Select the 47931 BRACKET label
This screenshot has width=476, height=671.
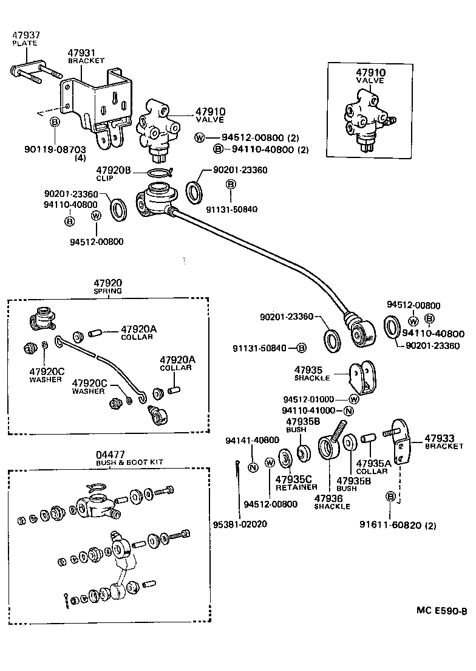click(x=86, y=57)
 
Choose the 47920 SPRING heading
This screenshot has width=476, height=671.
click(x=108, y=286)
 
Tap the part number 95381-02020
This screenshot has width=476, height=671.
click(x=240, y=524)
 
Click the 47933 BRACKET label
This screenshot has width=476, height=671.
click(x=440, y=441)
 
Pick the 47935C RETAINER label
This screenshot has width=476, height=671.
click(x=296, y=483)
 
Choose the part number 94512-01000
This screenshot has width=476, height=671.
click(x=308, y=399)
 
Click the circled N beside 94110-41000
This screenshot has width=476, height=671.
click(x=348, y=410)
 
